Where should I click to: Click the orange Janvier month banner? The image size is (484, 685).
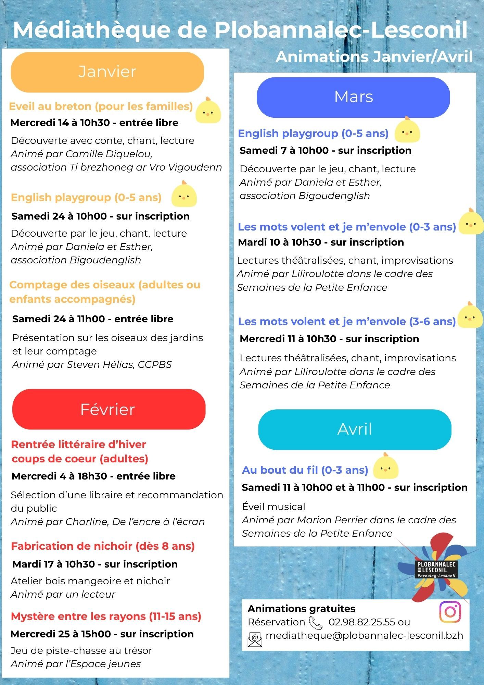coord(107,72)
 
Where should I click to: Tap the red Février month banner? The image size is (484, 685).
coord(109,409)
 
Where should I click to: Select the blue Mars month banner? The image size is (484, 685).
coord(353,97)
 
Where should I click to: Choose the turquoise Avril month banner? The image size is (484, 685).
coord(355,429)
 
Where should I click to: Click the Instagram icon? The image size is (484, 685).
coord(450,611)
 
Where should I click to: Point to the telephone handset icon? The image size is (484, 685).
coord(315,623)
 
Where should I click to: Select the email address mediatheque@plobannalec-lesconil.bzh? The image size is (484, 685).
coord(364,636)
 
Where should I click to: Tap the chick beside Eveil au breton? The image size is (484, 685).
coord(208,111)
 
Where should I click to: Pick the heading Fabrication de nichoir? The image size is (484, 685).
coord(103,546)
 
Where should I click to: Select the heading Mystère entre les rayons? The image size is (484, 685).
coord(106,616)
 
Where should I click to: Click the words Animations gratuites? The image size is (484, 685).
coord(301,609)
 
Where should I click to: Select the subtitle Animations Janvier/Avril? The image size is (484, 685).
coord(374,57)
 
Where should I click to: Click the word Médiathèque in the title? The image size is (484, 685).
coord(91,30)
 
